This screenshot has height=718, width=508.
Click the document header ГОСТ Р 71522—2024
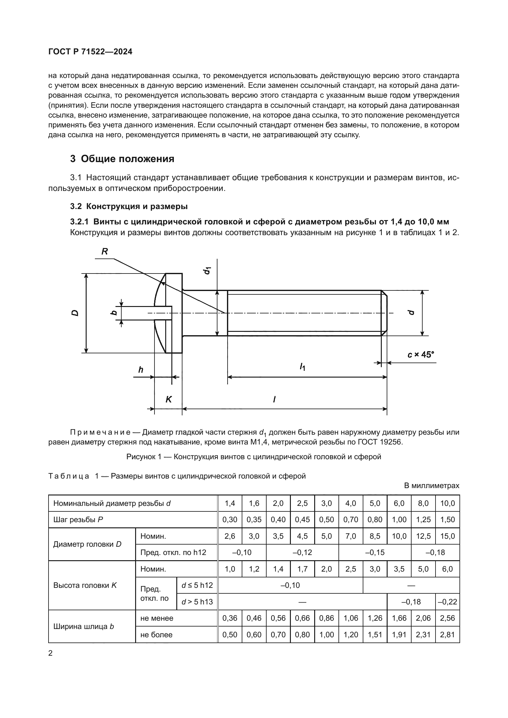point(90,52)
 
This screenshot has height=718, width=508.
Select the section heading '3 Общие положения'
point(122,159)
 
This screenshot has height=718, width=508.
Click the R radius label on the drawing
point(105,251)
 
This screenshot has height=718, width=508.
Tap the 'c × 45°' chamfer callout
point(421,355)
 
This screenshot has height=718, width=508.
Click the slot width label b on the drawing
point(114,312)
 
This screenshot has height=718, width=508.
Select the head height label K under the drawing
point(169,399)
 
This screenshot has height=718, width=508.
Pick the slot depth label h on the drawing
point(141,370)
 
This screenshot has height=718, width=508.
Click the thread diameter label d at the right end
point(412,312)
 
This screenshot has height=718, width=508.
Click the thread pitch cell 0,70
point(351,519)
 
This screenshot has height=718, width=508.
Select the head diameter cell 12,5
point(423,536)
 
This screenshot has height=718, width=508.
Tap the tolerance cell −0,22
point(447,602)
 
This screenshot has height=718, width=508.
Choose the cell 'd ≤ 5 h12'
point(197,585)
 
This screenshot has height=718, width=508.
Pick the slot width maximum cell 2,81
point(447,635)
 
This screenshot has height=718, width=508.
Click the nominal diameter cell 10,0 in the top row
point(447,503)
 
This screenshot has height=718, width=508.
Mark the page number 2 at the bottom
point(51,653)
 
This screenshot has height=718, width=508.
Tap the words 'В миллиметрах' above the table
point(431,486)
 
